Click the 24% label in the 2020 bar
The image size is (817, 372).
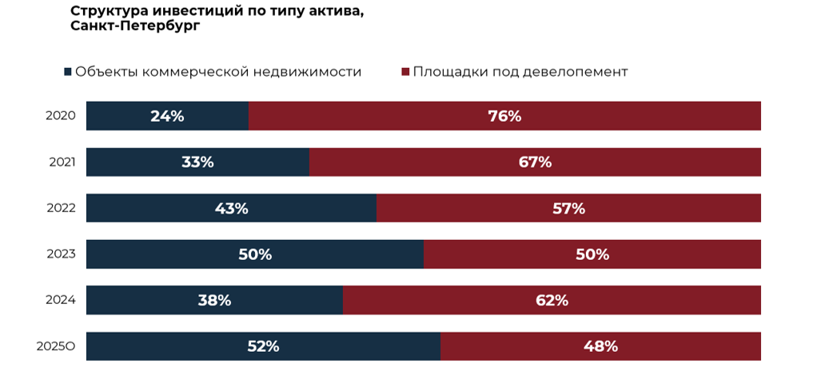pyautogui.click(x=167, y=116)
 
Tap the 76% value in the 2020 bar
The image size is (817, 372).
pyautogui.click(x=504, y=116)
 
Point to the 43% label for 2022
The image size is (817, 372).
pyautogui.click(x=231, y=209)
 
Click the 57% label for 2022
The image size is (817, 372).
pyautogui.click(x=568, y=209)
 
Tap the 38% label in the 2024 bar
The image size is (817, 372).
pyautogui.click(x=214, y=301)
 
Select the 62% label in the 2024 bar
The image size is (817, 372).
pyautogui.click(x=552, y=301)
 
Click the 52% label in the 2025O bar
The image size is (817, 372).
pyautogui.click(x=262, y=346)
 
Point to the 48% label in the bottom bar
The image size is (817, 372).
pyautogui.click(x=600, y=346)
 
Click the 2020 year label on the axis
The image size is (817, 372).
pyautogui.click(x=61, y=116)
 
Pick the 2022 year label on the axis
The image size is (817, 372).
pyautogui.click(x=61, y=209)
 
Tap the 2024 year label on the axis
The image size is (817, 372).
pyautogui.click(x=61, y=301)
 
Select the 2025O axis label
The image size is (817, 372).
pyautogui.click(x=56, y=347)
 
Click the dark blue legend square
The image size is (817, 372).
pyautogui.click(x=67, y=72)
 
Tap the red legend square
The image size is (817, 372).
pyautogui.click(x=405, y=72)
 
